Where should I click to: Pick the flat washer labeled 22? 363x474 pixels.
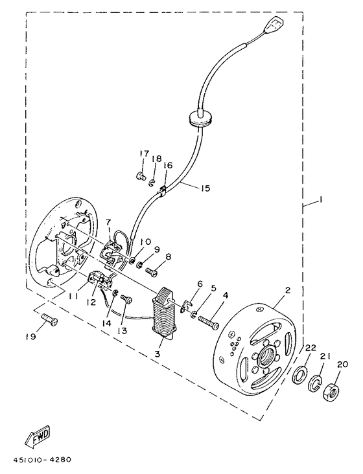pos(300,375)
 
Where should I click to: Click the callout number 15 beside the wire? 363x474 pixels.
pos(205,189)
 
